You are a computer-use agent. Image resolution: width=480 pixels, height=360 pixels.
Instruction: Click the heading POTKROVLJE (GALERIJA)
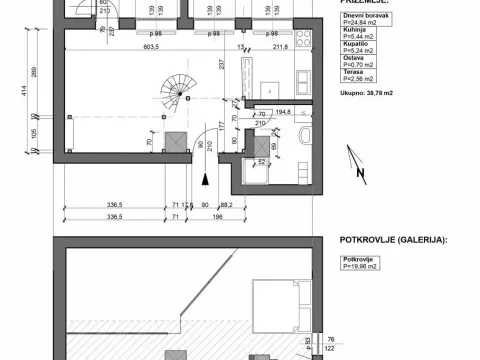click(x=387, y=241)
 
